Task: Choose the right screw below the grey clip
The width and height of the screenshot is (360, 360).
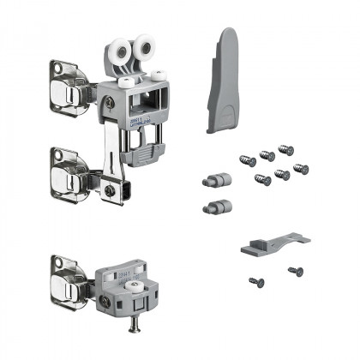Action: tap(295, 271)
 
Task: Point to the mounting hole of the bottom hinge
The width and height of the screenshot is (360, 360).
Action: tap(57, 263)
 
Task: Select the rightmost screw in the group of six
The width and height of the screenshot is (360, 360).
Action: tap(301, 168)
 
